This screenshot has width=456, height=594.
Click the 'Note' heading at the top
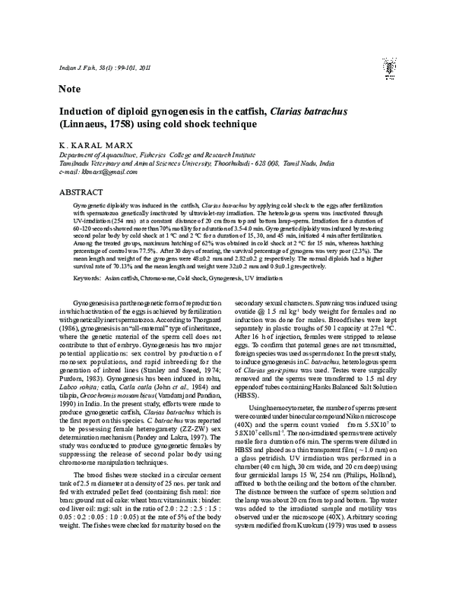click(70, 90)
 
